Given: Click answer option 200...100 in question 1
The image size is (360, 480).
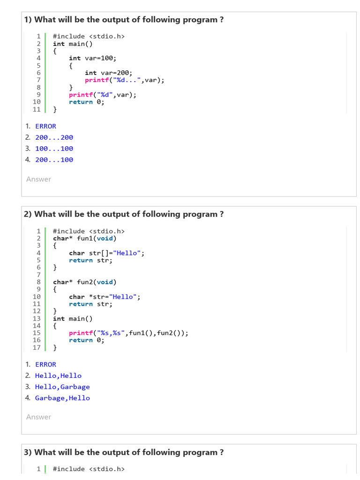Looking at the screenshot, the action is coord(54,160).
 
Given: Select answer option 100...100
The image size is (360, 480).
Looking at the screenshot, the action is coord(54,149).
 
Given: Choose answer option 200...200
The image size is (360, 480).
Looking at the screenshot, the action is coord(54,137).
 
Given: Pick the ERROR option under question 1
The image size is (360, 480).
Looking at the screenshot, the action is coord(45,126).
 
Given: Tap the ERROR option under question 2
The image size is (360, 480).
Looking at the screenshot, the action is coord(45,364).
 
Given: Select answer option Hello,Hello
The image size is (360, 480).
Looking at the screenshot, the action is coord(58,375).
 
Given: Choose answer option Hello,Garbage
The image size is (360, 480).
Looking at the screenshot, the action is coord(62,387).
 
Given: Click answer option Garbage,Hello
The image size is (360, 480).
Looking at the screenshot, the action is coord(62,398).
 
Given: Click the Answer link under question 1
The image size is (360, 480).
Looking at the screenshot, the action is coord(38,179).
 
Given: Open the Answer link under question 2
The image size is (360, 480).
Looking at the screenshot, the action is coord(38,417).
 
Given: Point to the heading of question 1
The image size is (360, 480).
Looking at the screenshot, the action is coord(124,20).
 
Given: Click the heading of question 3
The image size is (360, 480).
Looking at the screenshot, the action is coord(124,452).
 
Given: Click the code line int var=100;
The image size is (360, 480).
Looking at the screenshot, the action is coord(92,58).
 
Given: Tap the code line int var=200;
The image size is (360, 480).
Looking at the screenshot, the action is coord(108,73).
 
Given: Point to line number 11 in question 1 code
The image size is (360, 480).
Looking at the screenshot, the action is coord(37,109).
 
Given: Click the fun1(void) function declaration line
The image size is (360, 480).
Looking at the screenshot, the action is coord(85,238).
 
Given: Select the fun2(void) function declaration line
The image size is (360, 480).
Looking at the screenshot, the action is coord(85,282).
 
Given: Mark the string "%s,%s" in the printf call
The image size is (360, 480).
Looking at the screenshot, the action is coord(112,333).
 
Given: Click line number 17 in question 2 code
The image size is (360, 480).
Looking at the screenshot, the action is coord(37,347).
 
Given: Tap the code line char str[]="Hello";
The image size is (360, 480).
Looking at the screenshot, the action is coord(106,253).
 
